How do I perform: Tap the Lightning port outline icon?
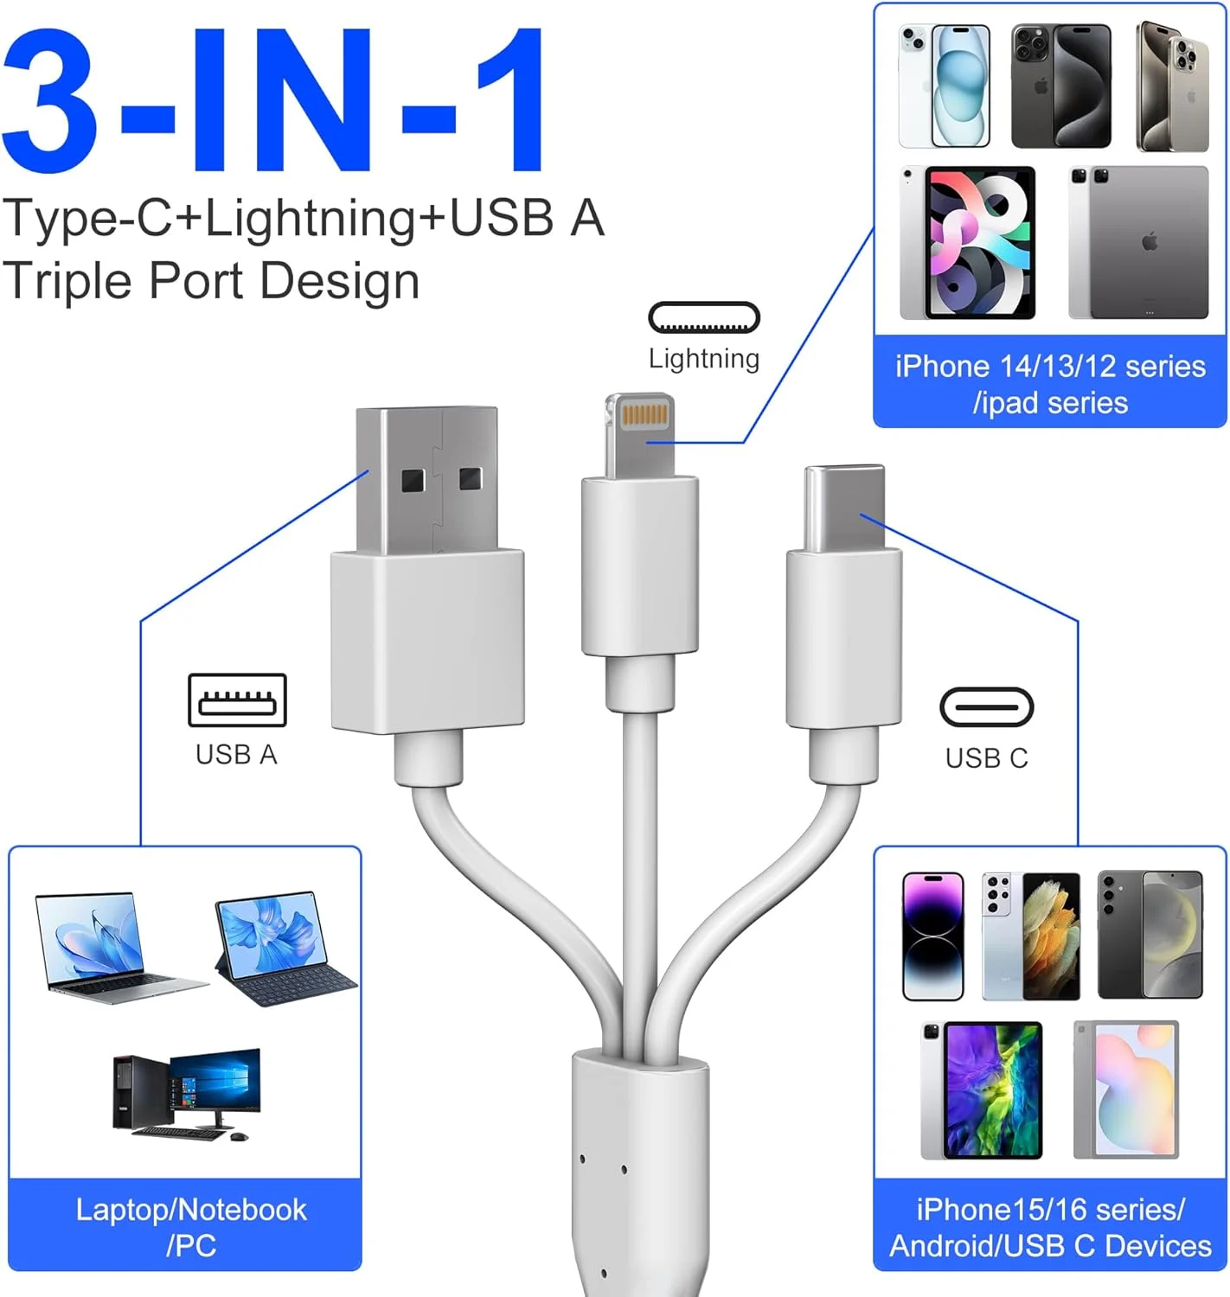click(703, 318)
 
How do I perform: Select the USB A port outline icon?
click(237, 700)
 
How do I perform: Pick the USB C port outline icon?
click(986, 708)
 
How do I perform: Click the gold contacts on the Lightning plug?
click(644, 414)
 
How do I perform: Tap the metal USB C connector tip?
click(844, 508)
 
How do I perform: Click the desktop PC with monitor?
click(187, 1093)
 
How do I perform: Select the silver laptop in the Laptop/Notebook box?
click(108, 949)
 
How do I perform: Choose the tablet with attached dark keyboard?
click(280, 949)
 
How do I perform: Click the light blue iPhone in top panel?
click(945, 86)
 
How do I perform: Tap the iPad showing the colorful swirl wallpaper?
click(969, 243)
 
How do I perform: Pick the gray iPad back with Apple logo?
click(1140, 243)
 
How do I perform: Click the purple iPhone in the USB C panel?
click(932, 936)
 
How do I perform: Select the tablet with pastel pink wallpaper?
click(1126, 1089)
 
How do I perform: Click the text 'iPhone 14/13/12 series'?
click(1049, 367)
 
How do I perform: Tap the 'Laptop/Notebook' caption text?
click(190, 1210)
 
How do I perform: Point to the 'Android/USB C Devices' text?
click(1050, 1246)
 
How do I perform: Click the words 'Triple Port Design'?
click(211, 281)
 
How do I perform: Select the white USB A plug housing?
click(427, 640)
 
